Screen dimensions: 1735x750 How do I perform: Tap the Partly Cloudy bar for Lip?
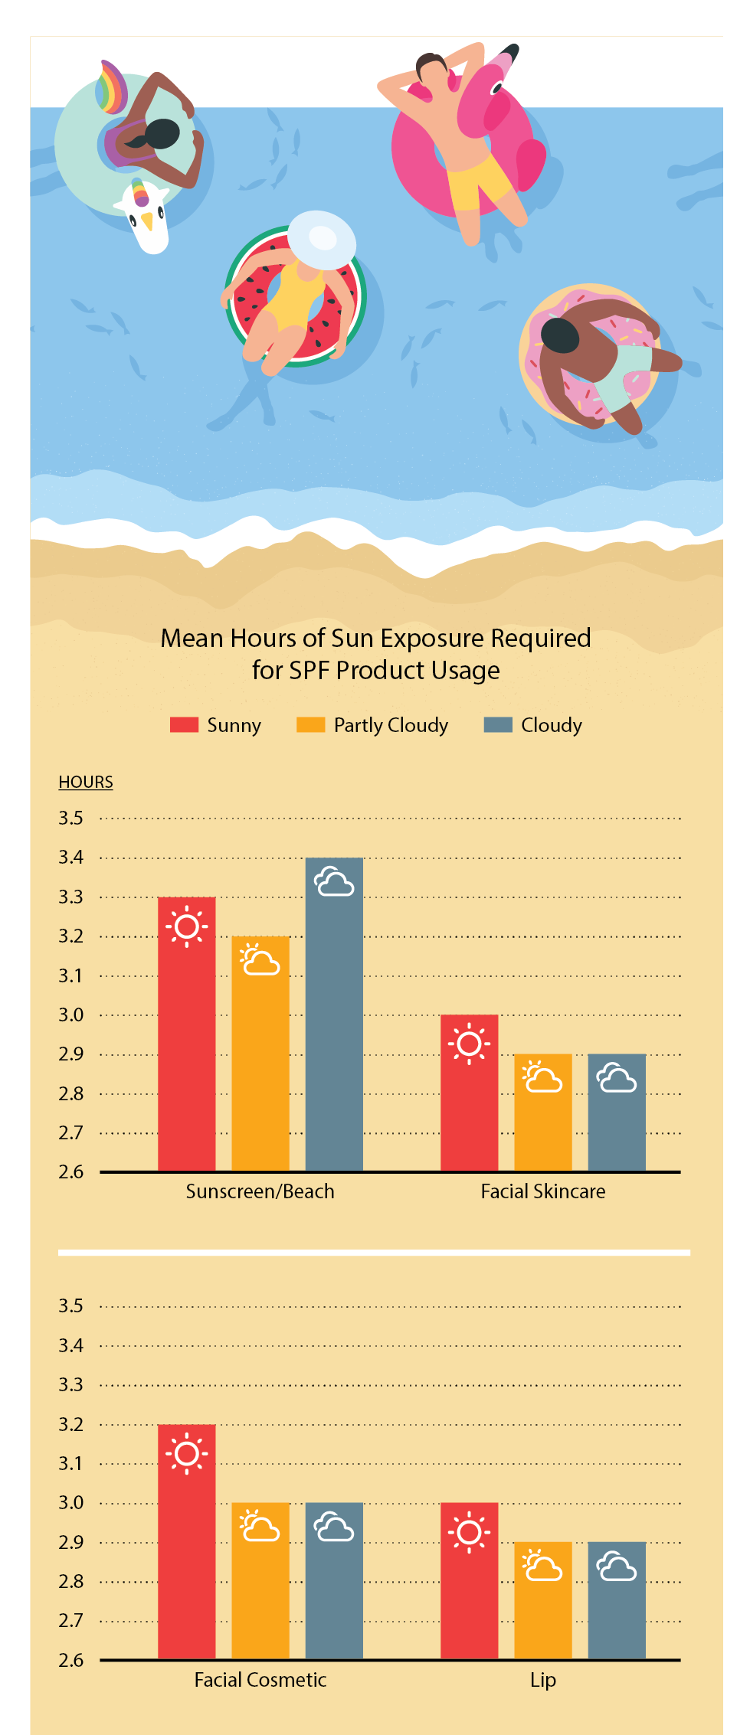[542, 1608]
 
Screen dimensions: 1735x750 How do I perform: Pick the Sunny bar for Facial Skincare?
[469, 1103]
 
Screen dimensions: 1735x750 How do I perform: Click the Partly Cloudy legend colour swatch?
[310, 725]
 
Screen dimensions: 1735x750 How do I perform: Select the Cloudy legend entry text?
[552, 725]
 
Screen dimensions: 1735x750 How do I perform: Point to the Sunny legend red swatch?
[184, 725]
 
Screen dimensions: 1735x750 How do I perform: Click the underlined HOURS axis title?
[86, 782]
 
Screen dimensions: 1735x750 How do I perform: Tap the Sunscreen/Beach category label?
[260, 1191]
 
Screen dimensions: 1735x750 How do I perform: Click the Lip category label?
[542, 1680]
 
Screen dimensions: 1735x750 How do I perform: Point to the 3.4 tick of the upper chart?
[70, 858]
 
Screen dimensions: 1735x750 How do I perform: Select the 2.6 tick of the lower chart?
[70, 1660]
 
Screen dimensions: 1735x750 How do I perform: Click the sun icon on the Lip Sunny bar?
[469, 1533]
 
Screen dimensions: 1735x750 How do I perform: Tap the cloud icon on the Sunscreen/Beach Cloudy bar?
[334, 882]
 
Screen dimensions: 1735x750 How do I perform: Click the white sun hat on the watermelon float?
[322, 239]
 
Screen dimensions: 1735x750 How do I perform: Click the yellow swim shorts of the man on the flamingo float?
[479, 180]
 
